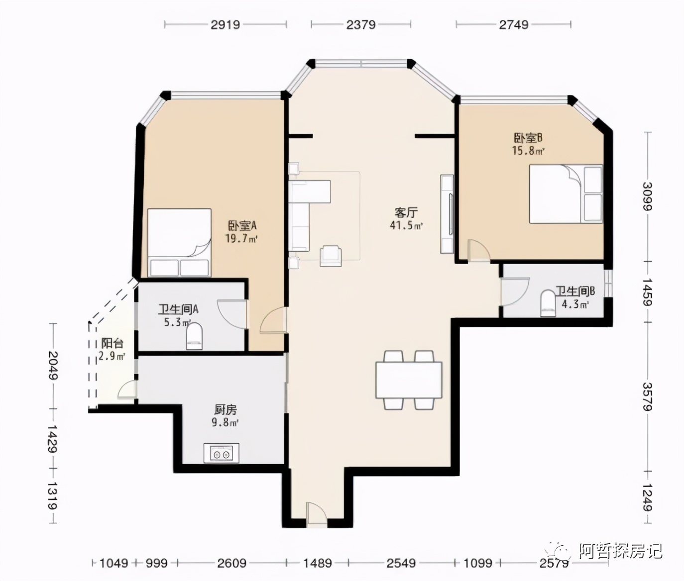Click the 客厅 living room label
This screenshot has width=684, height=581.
click(x=406, y=213)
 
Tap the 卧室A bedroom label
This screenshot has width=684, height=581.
click(x=242, y=226)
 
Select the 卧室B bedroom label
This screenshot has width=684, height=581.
click(x=528, y=138)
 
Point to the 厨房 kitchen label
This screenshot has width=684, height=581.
click(x=226, y=410)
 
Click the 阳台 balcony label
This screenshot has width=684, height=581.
click(x=112, y=343)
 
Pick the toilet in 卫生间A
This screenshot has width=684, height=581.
click(x=195, y=336)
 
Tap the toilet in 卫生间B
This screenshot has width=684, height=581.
click(x=548, y=303)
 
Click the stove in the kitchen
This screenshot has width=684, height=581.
click(x=221, y=453)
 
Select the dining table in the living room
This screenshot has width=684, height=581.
click(x=409, y=380)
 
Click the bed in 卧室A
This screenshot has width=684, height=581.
click(x=179, y=243)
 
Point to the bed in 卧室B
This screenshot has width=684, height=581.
click(x=566, y=194)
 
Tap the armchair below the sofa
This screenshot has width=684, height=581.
click(x=331, y=255)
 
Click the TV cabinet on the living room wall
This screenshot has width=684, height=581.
click(x=447, y=214)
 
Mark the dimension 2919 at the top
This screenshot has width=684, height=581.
click(x=225, y=24)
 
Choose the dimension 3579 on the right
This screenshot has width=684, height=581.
click(x=647, y=396)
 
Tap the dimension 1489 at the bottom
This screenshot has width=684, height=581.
click(x=318, y=563)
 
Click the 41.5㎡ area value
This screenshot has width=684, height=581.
click(x=406, y=225)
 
